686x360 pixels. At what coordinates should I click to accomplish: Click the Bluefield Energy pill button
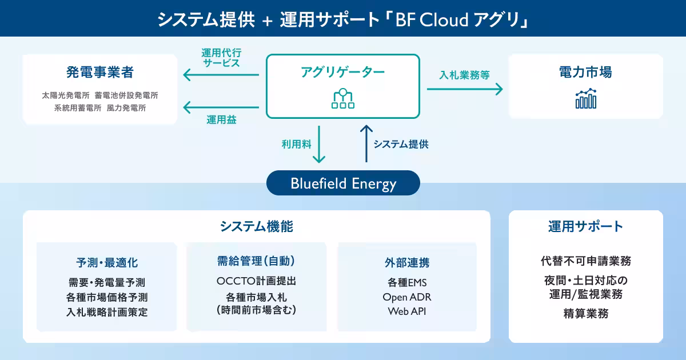click(343, 183)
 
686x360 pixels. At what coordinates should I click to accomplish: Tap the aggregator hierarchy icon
click(342, 98)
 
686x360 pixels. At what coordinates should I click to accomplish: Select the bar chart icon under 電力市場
click(586, 98)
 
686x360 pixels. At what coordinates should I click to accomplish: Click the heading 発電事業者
click(100, 72)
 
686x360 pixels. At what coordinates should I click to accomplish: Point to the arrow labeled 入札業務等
click(465, 89)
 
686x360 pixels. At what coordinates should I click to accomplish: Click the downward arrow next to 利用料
click(319, 144)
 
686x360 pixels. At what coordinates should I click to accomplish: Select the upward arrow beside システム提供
click(366, 143)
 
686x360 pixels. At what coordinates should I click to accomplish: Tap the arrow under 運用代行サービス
click(221, 75)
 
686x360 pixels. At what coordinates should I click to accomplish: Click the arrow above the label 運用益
click(221, 107)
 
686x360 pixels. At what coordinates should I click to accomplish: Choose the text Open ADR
click(406, 297)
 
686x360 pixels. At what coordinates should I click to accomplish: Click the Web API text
click(406, 311)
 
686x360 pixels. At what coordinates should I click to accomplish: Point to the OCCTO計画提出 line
click(256, 281)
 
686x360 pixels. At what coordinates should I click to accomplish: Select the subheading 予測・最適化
click(107, 263)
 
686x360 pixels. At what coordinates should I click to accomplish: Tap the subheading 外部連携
click(407, 263)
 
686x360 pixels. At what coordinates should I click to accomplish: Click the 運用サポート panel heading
click(585, 226)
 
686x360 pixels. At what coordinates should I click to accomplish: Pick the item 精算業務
click(586, 314)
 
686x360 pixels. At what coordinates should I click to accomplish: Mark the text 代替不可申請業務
click(586, 261)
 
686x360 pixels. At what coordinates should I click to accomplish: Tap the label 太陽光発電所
click(66, 95)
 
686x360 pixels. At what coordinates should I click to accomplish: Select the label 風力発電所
click(126, 108)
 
